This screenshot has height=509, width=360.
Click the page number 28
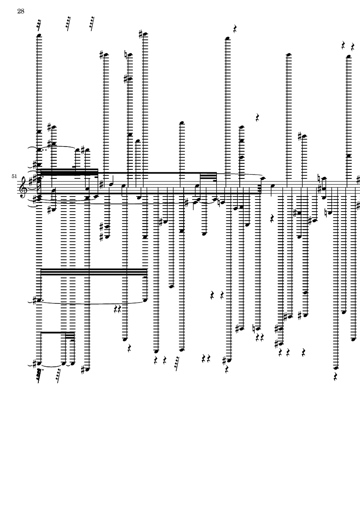tap(21, 11)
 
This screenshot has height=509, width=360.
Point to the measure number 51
tap(14, 176)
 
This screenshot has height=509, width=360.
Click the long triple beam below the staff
tap(94, 272)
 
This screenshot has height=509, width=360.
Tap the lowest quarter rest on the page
tap(336, 377)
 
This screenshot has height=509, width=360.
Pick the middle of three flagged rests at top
tap(68, 23)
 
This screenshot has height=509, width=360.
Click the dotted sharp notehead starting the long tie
tap(39, 300)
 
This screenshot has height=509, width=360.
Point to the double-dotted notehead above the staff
tap(39, 150)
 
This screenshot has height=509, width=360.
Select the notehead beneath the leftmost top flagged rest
tap(39, 35)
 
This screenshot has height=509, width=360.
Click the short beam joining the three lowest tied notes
tap(57, 333)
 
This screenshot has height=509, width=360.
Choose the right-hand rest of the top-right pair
tap(353, 47)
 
